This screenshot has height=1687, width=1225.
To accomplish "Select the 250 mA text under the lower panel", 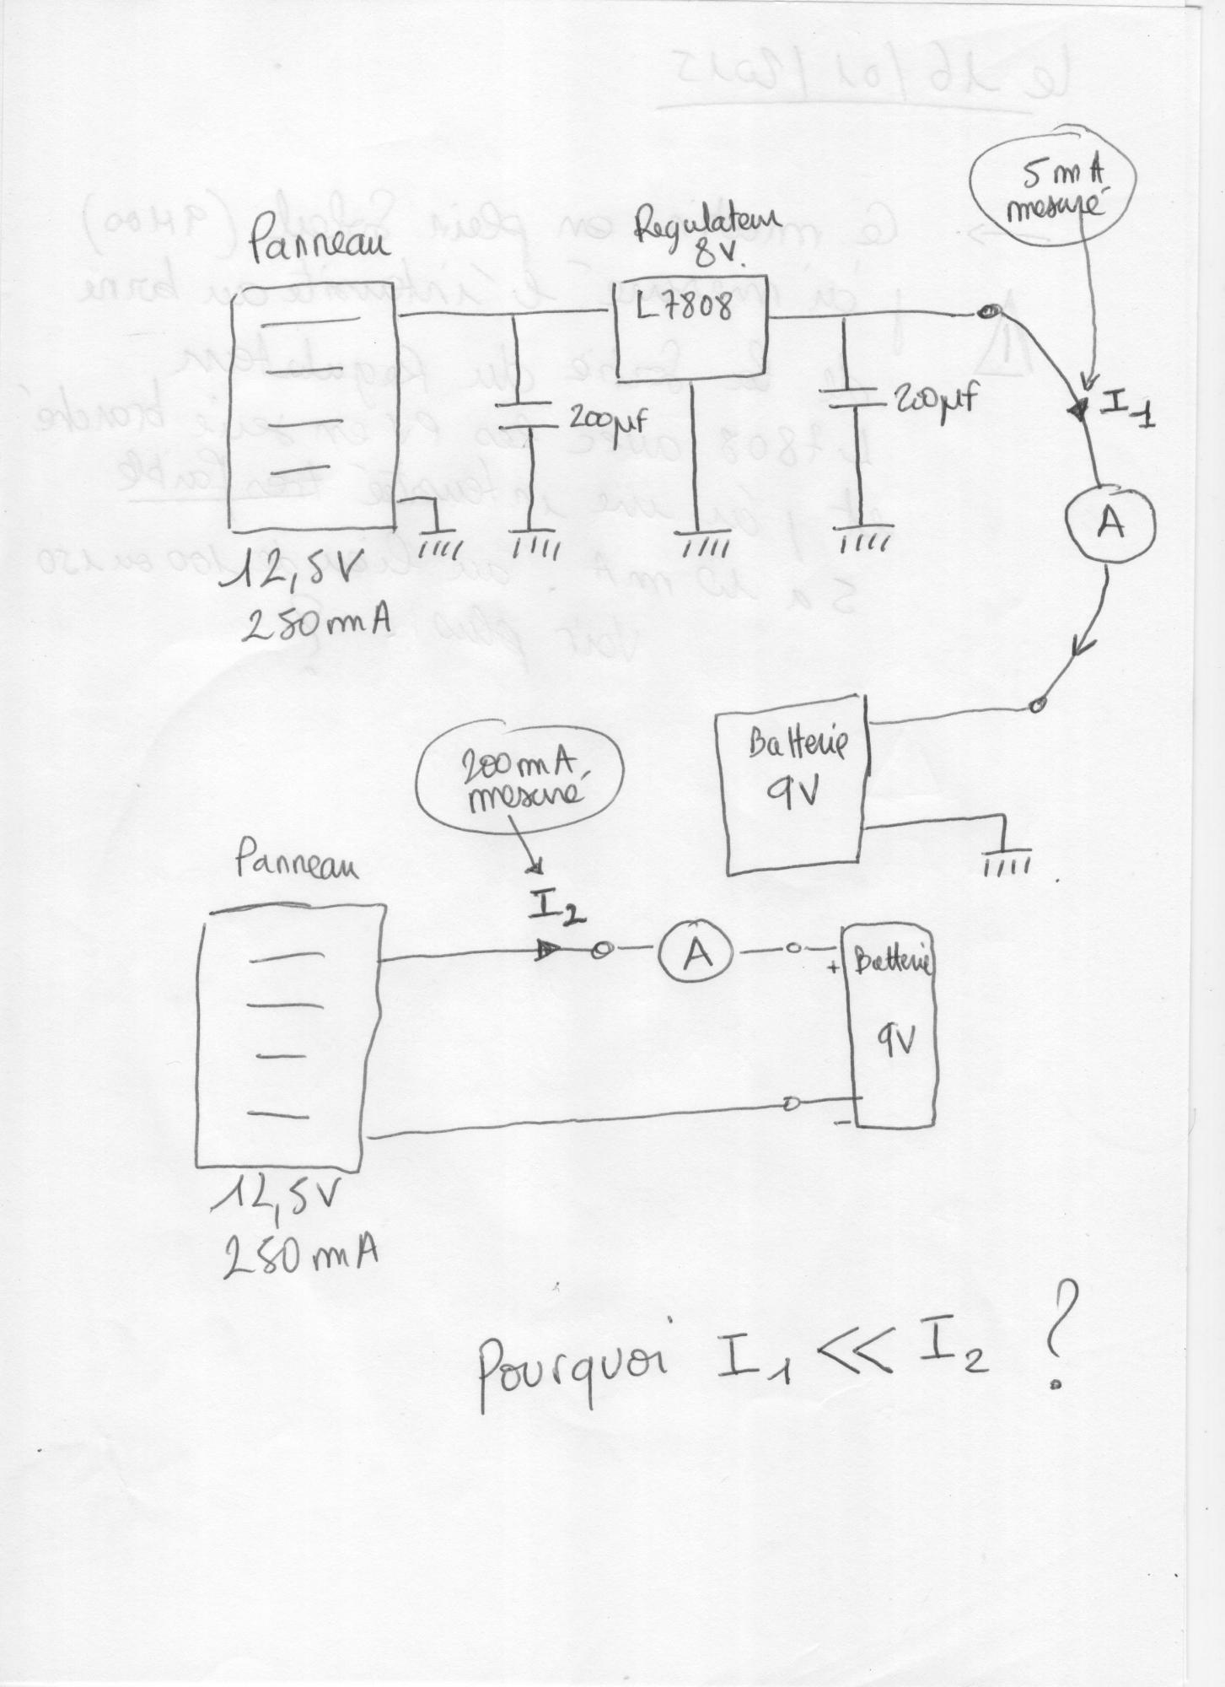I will tap(299, 1258).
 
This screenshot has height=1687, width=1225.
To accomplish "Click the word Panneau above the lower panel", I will tap(295, 864).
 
